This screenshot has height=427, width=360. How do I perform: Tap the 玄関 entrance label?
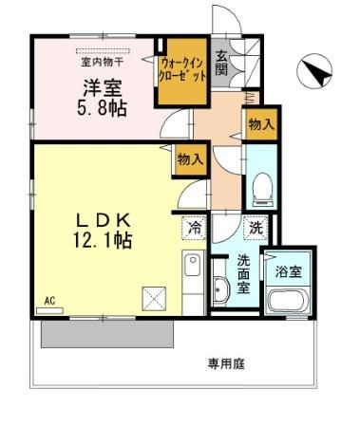pos(220,62)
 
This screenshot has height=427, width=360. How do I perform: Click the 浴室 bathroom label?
pos(288,271)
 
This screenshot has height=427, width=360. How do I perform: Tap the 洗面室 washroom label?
pos(244,273)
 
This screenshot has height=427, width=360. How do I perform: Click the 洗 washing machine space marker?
pos(256,228)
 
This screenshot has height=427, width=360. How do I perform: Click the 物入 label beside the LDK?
pos(190,159)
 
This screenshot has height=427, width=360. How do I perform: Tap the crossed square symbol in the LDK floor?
pos(153,297)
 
